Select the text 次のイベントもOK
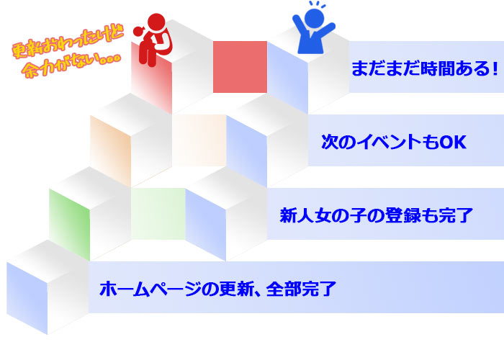pos(394,143)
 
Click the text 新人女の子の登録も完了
pos(375,215)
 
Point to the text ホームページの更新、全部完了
pos(217,289)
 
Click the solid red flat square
pos(240,67)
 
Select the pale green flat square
pos(158,213)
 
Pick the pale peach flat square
pos(199,140)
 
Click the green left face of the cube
pos(70,220)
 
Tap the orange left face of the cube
pos(110,148)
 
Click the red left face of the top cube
pos(152,83)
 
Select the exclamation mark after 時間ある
pos(495,69)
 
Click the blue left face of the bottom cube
pos(27,295)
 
